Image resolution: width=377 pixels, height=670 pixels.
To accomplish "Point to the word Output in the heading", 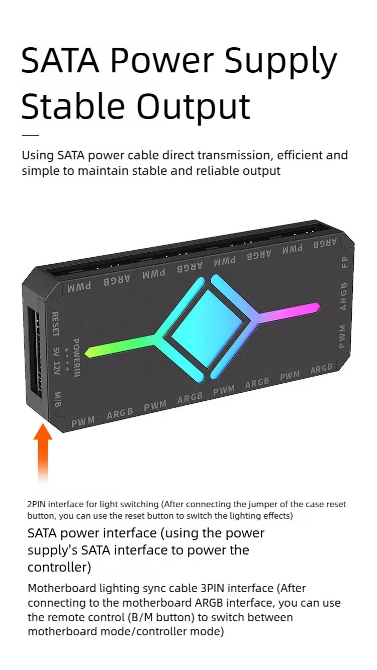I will click(194, 107).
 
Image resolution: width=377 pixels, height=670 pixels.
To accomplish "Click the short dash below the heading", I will click(30, 135).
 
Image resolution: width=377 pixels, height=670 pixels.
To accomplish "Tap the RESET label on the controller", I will click(56, 324).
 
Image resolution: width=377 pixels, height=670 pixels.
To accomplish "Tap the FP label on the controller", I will click(345, 263).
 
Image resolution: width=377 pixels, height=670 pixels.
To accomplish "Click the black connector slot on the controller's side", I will click(35, 352).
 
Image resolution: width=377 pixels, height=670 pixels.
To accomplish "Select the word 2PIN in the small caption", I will click(37, 504).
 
